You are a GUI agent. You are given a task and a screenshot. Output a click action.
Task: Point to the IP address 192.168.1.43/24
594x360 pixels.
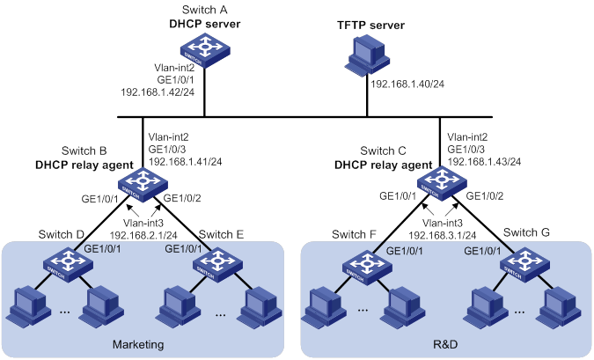point(486,162)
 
